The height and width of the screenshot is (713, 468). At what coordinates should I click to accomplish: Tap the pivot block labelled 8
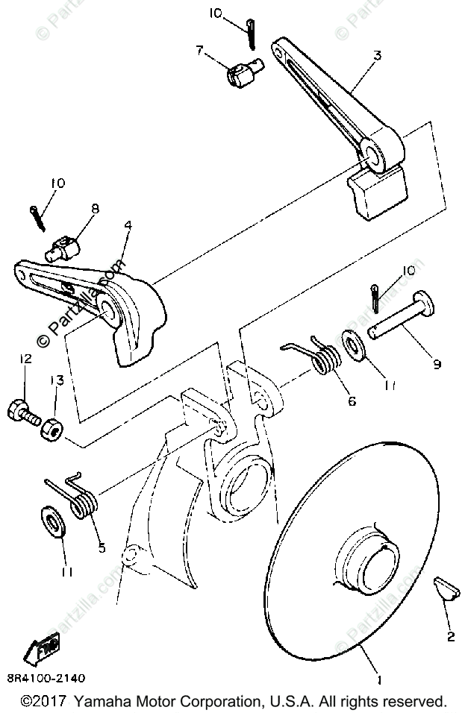tap(66, 247)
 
